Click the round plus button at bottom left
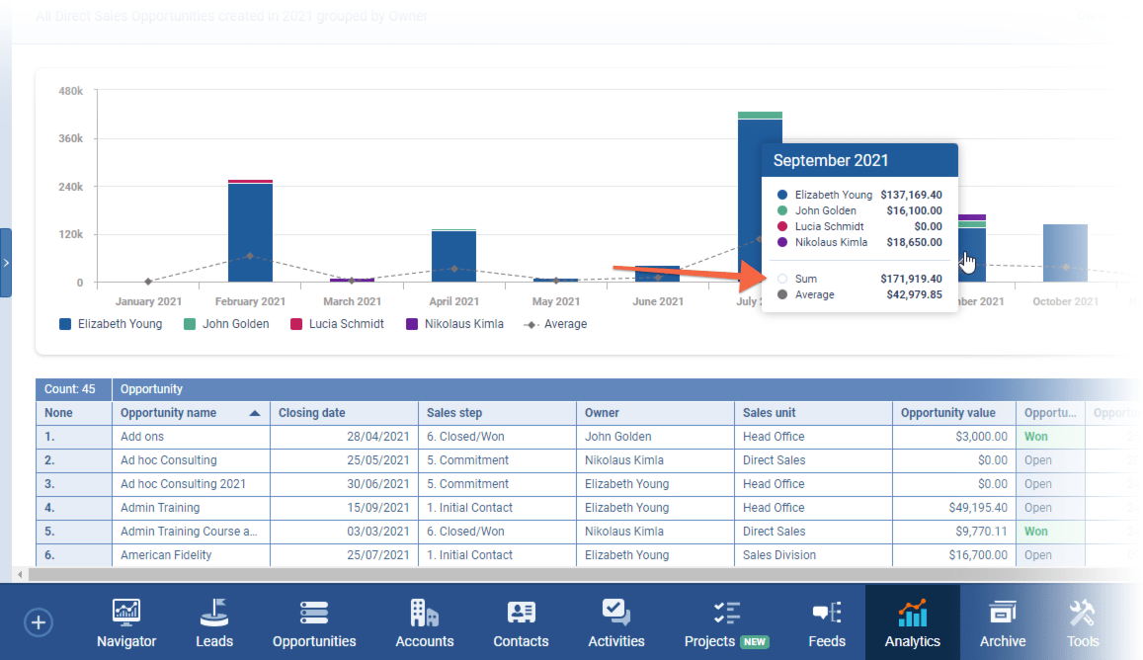pyautogui.click(x=39, y=622)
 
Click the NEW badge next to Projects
pyautogui.click(x=755, y=641)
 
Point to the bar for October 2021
pyautogui.click(x=1065, y=254)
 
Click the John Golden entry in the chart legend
pyautogui.click(x=226, y=324)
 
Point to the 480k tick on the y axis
pyautogui.click(x=70, y=91)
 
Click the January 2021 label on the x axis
pyautogui.click(x=148, y=301)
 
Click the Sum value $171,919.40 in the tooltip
pyautogui.click(x=911, y=280)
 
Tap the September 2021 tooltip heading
pyautogui.click(x=831, y=160)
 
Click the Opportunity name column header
pyautogui.click(x=182, y=413)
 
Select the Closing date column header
pyautogui.click(x=312, y=413)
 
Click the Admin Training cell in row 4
pyautogui.click(x=160, y=508)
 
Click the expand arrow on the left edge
pyautogui.click(x=6, y=263)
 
